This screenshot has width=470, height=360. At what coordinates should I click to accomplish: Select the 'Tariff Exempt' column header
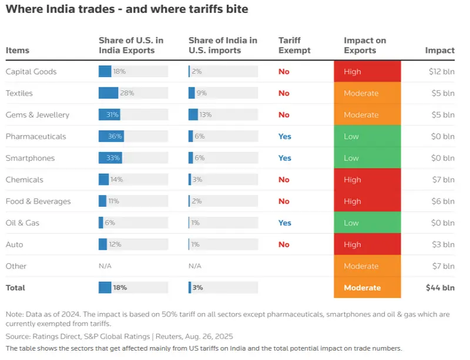290,45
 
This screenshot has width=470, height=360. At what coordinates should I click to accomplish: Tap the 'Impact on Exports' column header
365,45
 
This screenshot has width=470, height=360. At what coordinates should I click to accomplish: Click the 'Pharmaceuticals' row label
36,136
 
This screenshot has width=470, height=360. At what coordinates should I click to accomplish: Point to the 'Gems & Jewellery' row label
38,115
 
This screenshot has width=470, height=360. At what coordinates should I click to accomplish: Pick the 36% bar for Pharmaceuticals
111,136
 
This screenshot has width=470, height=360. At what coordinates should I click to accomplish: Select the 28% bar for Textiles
109,93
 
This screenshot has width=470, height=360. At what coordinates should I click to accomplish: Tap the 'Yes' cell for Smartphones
285,158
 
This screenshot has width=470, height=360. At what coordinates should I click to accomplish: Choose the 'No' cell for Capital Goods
284,72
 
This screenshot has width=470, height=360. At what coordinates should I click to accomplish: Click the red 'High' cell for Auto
367,244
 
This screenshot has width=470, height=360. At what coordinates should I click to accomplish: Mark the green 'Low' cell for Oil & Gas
367,223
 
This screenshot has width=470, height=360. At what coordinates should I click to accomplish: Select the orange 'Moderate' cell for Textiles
367,93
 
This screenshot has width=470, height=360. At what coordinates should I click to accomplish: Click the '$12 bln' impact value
441,72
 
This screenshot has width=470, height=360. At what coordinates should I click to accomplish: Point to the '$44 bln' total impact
440,288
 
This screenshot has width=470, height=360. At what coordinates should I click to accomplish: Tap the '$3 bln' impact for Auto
443,244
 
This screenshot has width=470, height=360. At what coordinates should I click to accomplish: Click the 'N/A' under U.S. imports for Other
195,266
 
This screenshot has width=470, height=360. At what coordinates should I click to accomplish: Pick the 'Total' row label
16,288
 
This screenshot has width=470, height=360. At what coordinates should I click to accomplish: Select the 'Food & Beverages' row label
38,201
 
